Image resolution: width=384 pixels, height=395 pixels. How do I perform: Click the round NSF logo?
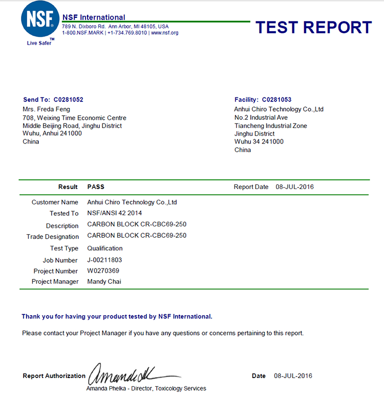click(39, 19)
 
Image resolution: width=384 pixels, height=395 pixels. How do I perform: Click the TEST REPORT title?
click(313, 27)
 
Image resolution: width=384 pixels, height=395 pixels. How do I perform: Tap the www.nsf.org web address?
click(164, 33)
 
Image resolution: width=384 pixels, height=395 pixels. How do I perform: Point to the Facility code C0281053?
click(276, 100)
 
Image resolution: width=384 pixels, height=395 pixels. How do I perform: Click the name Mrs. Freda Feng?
click(47, 109)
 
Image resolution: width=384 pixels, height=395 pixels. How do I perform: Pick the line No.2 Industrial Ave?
click(261, 117)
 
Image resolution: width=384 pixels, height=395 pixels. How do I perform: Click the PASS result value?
click(96, 187)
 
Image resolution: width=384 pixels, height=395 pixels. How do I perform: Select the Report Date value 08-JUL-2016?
click(294, 187)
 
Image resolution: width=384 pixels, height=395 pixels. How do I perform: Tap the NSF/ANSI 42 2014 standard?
click(115, 213)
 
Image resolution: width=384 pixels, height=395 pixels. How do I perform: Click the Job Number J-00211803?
click(104, 260)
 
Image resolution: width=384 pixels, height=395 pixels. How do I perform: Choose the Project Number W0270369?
click(103, 271)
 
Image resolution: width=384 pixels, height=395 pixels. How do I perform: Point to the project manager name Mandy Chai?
click(104, 281)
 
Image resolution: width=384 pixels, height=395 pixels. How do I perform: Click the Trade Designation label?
click(53, 237)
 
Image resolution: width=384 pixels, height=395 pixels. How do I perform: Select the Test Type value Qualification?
click(105, 248)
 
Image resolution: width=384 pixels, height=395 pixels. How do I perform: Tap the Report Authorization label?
click(54, 376)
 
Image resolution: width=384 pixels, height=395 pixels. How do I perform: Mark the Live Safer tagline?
click(39, 43)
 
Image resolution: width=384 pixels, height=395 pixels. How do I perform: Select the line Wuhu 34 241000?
click(259, 142)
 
